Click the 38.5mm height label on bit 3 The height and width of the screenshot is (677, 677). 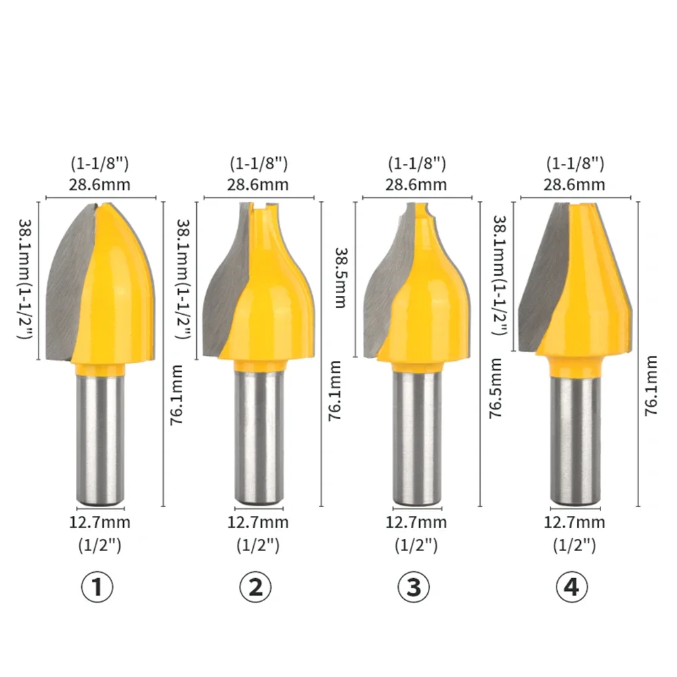tap(340, 277)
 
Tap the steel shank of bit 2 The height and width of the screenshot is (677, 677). tap(258, 440)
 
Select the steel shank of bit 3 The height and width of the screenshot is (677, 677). tap(415, 440)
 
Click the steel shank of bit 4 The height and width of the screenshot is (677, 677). tap(574, 440)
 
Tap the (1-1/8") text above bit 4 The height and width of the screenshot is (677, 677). tap(574, 163)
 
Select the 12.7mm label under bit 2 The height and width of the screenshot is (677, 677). tap(258, 523)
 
